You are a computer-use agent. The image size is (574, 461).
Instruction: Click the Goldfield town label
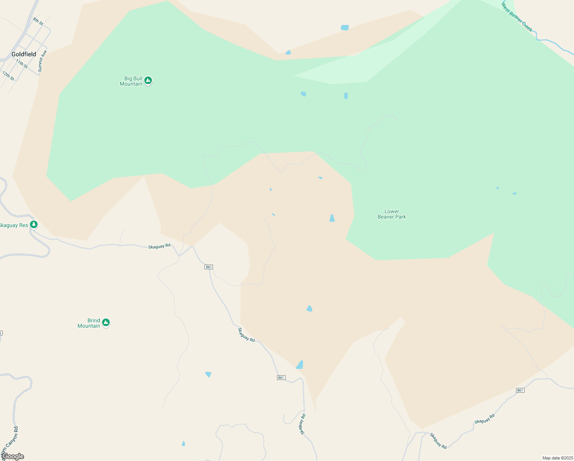[x=24, y=54]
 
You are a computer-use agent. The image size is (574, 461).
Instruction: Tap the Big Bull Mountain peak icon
[x=148, y=81]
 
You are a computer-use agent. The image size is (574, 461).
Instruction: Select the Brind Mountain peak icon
[x=106, y=323]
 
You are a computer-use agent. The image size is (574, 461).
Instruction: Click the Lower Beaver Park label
[x=392, y=214]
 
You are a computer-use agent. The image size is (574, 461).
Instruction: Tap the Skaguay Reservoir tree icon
[x=34, y=224]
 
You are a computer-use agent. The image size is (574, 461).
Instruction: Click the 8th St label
[x=38, y=22]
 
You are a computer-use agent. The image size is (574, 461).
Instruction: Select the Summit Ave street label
[x=42, y=61]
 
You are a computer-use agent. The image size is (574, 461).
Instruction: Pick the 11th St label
[x=22, y=64]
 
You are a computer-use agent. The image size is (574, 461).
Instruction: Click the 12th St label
[x=8, y=76]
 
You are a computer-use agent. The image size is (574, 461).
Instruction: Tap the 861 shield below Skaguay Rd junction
[x=209, y=267]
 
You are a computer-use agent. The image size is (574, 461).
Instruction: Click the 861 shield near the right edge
[x=520, y=390]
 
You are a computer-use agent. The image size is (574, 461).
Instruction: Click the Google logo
[x=13, y=456]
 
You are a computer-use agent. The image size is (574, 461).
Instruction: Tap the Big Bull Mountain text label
[x=131, y=81]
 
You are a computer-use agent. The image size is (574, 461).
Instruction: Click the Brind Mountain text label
[x=89, y=323]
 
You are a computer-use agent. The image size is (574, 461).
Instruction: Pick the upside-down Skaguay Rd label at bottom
[x=303, y=424]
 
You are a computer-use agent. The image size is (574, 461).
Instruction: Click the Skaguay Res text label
[x=14, y=225]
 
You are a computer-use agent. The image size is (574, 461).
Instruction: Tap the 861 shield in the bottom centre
[x=281, y=378]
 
